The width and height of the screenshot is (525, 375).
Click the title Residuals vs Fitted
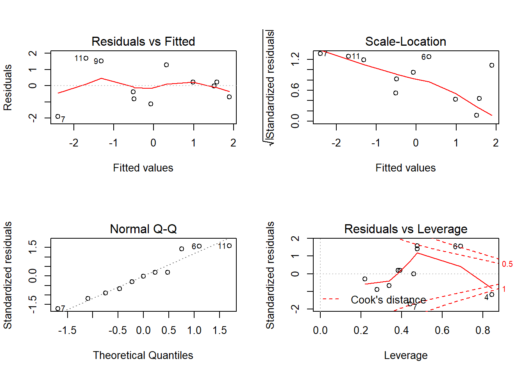click(143, 41)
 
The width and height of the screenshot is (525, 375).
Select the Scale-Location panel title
click(405, 41)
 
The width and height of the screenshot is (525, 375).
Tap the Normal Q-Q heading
click(143, 229)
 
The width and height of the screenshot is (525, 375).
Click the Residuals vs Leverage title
click(405, 229)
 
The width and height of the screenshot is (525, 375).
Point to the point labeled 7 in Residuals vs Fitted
click(58, 116)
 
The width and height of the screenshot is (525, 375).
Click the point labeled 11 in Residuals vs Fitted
click(86, 58)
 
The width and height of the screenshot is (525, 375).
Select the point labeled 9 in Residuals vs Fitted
click(101, 61)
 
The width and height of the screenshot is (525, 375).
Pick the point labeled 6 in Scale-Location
click(429, 57)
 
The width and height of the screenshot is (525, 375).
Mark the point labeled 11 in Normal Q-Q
click(229, 246)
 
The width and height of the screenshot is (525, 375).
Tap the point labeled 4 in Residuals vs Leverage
click(492, 295)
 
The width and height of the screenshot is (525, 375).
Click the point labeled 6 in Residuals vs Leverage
click(461, 246)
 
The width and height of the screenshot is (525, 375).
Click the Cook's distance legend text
click(388, 300)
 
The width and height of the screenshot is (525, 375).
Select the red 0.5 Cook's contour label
click(507, 264)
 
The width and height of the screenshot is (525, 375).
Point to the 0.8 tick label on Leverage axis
click(483, 330)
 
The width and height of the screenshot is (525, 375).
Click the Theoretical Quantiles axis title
click(143, 355)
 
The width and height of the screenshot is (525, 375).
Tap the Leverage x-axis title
click(405, 355)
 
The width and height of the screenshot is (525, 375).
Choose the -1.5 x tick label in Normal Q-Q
click(67, 330)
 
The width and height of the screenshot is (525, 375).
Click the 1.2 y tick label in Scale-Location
click(295, 59)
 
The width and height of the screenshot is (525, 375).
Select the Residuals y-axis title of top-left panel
click(8, 87)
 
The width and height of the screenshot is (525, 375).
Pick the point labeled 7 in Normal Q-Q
click(58, 309)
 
